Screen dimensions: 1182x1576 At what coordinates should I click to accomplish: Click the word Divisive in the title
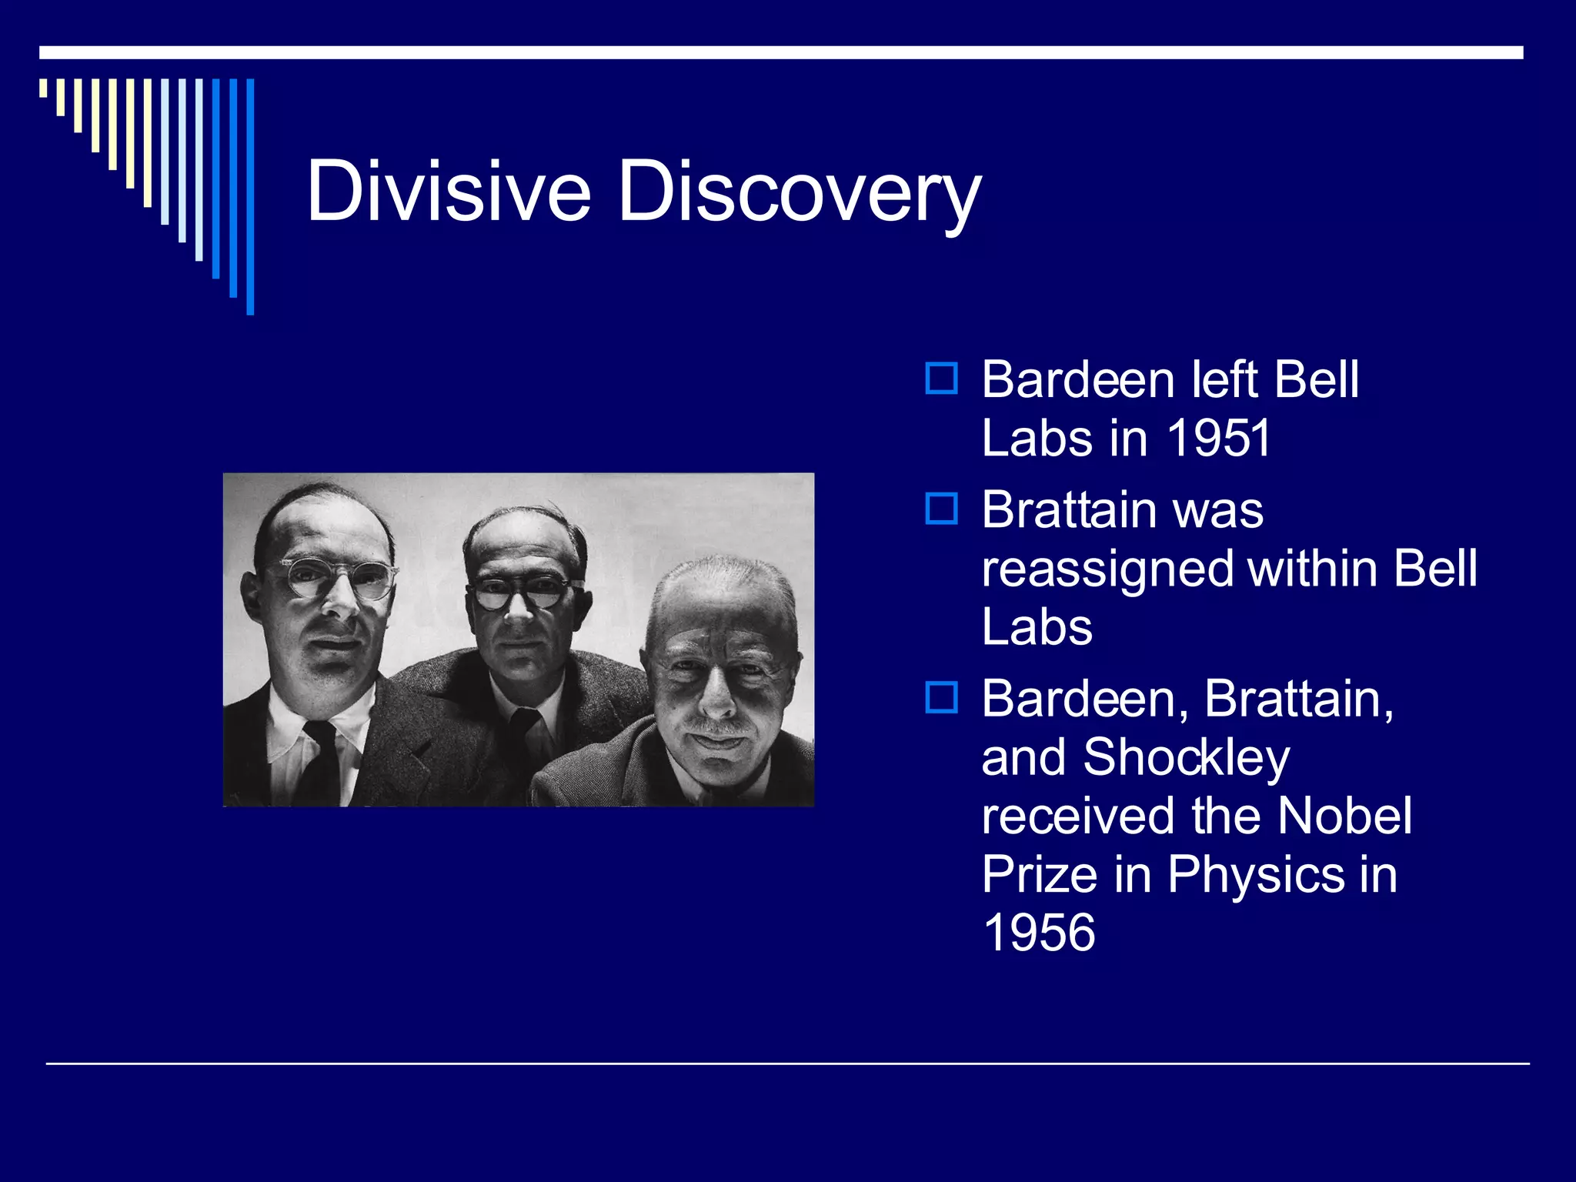(448, 191)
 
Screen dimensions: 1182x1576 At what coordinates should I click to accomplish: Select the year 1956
(1039, 933)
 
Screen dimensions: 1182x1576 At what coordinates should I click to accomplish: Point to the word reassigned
(1108, 569)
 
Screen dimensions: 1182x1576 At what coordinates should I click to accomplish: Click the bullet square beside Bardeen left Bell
(941, 379)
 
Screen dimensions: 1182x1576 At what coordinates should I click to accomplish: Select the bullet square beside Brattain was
(941, 509)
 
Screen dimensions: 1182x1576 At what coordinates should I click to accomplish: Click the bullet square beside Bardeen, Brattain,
(941, 697)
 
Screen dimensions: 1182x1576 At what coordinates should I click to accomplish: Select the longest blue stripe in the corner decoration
(250, 196)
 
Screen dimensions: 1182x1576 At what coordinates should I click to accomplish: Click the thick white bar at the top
(781, 52)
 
